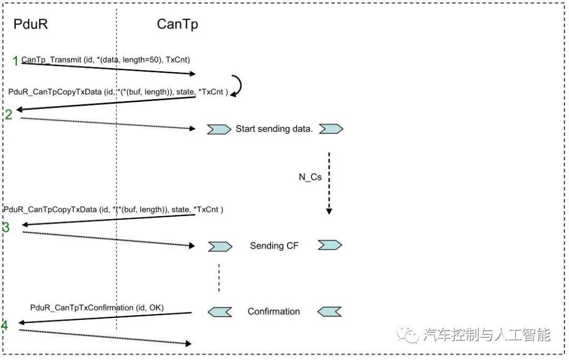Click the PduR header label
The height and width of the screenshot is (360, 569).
pyautogui.click(x=31, y=24)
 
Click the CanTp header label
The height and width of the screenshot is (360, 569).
pyautogui.click(x=178, y=24)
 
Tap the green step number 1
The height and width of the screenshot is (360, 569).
pyautogui.click(x=16, y=61)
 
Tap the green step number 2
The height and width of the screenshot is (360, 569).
pyautogui.click(x=8, y=114)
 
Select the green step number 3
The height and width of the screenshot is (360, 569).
pyautogui.click(x=6, y=228)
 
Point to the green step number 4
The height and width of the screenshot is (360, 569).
pyautogui.click(x=5, y=326)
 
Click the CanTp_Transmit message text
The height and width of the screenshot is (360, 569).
pyautogui.click(x=105, y=60)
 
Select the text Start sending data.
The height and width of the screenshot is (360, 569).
pyautogui.click(x=274, y=129)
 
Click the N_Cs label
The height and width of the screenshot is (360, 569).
pyautogui.click(x=310, y=177)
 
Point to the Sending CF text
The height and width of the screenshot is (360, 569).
pyautogui.click(x=274, y=246)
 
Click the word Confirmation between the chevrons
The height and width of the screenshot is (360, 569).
pyautogui.click(x=273, y=312)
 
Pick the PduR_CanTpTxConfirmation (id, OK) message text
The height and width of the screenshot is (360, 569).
pyautogui.click(x=96, y=307)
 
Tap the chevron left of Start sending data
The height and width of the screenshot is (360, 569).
pyautogui.click(x=219, y=129)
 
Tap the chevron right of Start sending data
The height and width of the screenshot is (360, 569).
pyautogui.click(x=331, y=129)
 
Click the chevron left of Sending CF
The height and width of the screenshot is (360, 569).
pyautogui.click(x=220, y=246)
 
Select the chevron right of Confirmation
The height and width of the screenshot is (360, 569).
pyautogui.click(x=330, y=312)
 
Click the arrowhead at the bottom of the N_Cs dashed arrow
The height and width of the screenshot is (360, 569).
pyautogui.click(x=329, y=211)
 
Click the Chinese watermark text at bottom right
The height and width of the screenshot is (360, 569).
pyautogui.click(x=486, y=335)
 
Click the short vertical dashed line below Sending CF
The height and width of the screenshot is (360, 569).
pyautogui.click(x=219, y=278)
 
